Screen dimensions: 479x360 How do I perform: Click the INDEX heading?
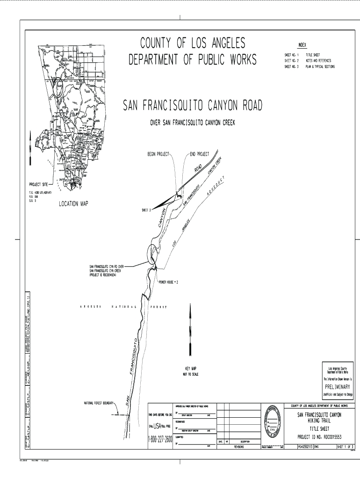[302, 45]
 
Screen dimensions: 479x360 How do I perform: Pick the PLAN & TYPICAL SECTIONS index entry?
[320, 66]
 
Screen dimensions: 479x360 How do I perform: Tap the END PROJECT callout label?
[200, 154]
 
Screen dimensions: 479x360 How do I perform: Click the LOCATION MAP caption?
[73, 203]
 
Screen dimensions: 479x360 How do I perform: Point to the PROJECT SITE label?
[42, 184]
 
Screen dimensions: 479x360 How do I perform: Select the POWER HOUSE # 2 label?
[169, 283]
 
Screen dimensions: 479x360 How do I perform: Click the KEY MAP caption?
[190, 369]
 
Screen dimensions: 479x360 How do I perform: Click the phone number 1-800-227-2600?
[160, 440]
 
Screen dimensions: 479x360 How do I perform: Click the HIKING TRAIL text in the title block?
[320, 421]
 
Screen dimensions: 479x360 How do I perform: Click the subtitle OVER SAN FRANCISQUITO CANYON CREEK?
[192, 123]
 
